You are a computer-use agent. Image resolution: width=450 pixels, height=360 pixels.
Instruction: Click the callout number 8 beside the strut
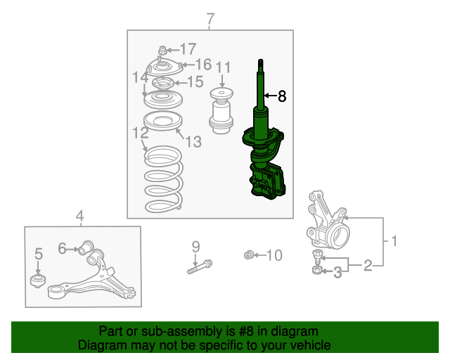[282, 96]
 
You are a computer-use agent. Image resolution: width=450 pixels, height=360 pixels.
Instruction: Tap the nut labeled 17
[162, 51]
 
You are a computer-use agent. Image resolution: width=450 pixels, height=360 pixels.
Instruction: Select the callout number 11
[223, 68]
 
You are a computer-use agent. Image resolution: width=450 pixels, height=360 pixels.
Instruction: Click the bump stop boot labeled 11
[221, 111]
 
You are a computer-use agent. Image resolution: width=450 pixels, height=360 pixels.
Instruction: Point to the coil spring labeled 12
[164, 179]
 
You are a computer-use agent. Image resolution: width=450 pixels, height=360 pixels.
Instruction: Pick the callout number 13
[194, 141]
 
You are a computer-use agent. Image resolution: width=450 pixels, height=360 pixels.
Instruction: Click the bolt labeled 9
[200, 266]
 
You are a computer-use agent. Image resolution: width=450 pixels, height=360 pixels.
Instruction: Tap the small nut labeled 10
[248, 255]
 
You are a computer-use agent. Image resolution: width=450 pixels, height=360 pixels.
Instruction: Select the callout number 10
[274, 255]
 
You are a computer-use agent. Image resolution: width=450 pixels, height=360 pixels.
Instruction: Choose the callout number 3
[337, 272]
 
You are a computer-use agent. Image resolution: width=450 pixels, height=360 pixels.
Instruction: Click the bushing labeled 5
[38, 281]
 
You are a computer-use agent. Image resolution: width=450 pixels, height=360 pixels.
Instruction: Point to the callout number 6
[62, 248]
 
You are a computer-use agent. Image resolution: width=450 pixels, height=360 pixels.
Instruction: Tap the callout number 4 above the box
[79, 216]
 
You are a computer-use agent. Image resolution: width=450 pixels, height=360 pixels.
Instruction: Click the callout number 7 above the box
[210, 19]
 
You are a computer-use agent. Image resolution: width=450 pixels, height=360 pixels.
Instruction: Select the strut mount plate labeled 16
[164, 69]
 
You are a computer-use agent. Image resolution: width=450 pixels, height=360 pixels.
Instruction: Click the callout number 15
[195, 82]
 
